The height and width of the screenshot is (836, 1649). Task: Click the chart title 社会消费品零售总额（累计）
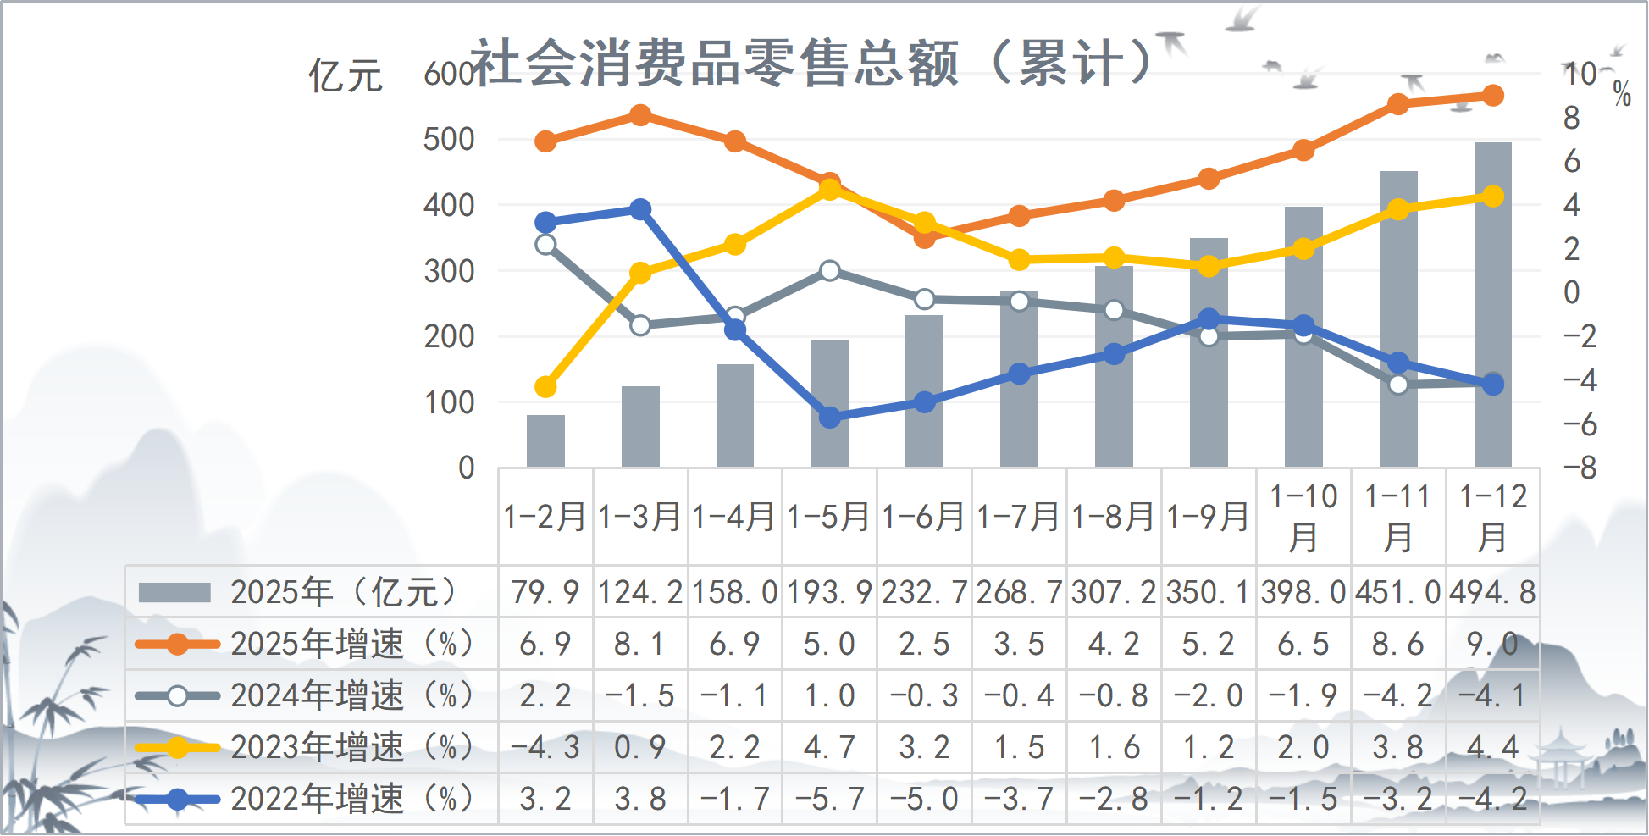(811, 63)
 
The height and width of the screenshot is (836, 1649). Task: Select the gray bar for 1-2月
(545, 440)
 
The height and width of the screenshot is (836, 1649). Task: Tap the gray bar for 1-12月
(1492, 305)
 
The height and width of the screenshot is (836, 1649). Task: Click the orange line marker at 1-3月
(640, 115)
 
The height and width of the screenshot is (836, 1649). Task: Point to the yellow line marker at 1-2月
(545, 387)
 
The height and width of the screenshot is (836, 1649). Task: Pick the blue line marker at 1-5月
(830, 418)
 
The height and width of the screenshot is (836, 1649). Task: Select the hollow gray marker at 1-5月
(830, 271)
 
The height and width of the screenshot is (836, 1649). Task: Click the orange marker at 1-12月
(1493, 96)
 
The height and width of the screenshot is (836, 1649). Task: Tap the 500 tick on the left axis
(449, 140)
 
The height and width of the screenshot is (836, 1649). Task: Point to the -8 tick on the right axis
(1579, 468)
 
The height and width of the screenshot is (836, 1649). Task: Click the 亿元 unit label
(346, 76)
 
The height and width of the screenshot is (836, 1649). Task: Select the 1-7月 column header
(1019, 517)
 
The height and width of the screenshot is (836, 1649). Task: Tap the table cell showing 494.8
(1492, 592)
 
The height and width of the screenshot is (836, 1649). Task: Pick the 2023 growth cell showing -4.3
(545, 747)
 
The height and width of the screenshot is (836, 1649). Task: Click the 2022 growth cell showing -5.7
(830, 799)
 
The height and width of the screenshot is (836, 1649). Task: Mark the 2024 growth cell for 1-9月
(1209, 695)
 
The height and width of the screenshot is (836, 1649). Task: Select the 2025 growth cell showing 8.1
(640, 645)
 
